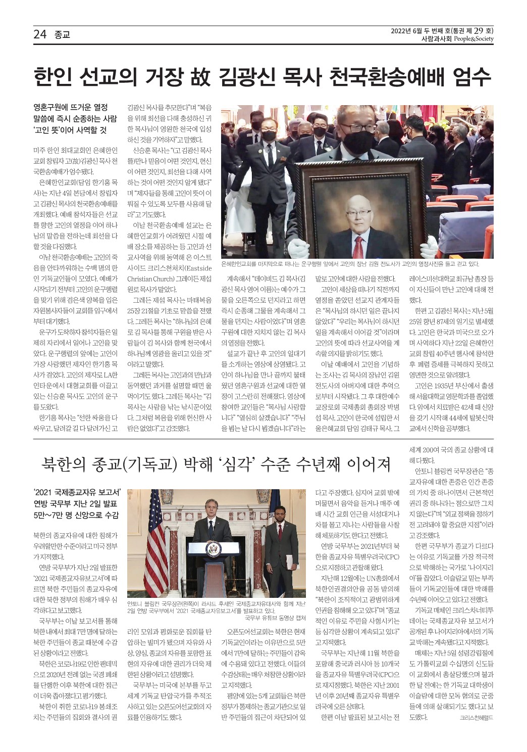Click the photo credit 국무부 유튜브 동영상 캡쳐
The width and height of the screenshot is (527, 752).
tap(275, 618)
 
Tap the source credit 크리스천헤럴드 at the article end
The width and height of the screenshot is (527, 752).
tap(476, 717)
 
